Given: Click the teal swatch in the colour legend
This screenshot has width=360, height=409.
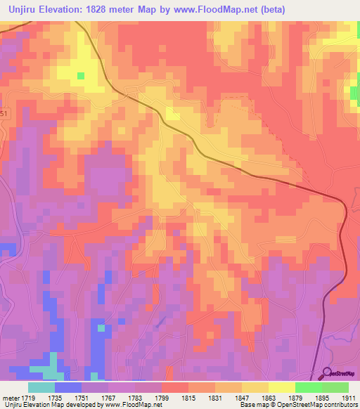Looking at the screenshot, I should pyautogui.click(x=41, y=387).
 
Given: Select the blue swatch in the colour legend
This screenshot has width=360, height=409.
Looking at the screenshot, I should pyautogui.click(x=68, y=387).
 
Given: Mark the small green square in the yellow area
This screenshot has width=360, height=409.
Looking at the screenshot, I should pyautogui.click(x=80, y=75).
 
